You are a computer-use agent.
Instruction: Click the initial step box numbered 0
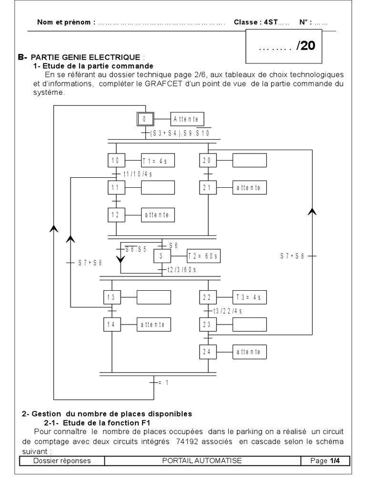tap(145, 119)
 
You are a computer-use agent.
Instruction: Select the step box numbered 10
tap(116, 161)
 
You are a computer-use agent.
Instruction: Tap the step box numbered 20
tap(208, 161)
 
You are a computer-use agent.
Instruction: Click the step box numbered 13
tap(112, 297)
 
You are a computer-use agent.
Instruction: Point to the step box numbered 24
tap(208, 352)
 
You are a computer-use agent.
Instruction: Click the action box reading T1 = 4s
tap(158, 161)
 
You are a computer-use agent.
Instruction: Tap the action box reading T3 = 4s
tap(249, 297)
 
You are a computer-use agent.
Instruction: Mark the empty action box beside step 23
tap(249, 325)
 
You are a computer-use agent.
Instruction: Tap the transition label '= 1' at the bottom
tap(163, 382)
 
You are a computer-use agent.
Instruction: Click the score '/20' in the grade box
tap(305, 46)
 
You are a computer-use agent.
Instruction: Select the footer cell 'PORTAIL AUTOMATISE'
tap(203, 460)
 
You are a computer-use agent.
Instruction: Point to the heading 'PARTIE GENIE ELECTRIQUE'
tap(86, 58)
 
